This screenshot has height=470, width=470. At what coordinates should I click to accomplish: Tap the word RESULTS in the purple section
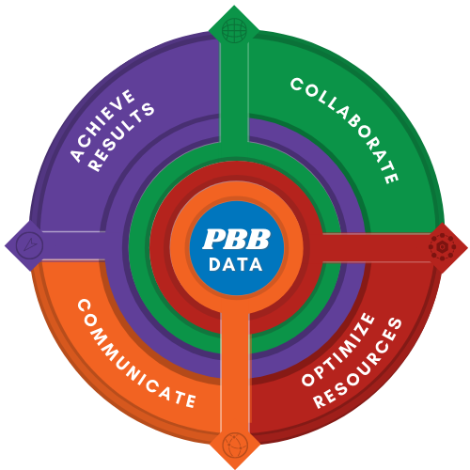(x=121, y=137)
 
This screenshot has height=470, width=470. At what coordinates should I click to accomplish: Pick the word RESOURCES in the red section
(x=358, y=363)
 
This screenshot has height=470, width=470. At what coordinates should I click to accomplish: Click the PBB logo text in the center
(x=236, y=239)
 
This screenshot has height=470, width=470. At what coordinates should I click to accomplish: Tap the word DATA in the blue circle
(x=236, y=265)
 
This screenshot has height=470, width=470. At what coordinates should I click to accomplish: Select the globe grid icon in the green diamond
(x=234, y=30)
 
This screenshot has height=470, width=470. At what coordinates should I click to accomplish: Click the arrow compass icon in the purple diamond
(x=29, y=244)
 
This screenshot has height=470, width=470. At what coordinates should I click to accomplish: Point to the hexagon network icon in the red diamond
(x=442, y=246)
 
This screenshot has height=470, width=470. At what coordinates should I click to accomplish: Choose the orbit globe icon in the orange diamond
(x=235, y=445)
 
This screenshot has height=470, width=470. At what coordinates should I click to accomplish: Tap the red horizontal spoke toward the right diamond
(x=376, y=247)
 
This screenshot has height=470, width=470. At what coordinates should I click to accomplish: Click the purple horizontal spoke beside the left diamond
(x=73, y=245)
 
